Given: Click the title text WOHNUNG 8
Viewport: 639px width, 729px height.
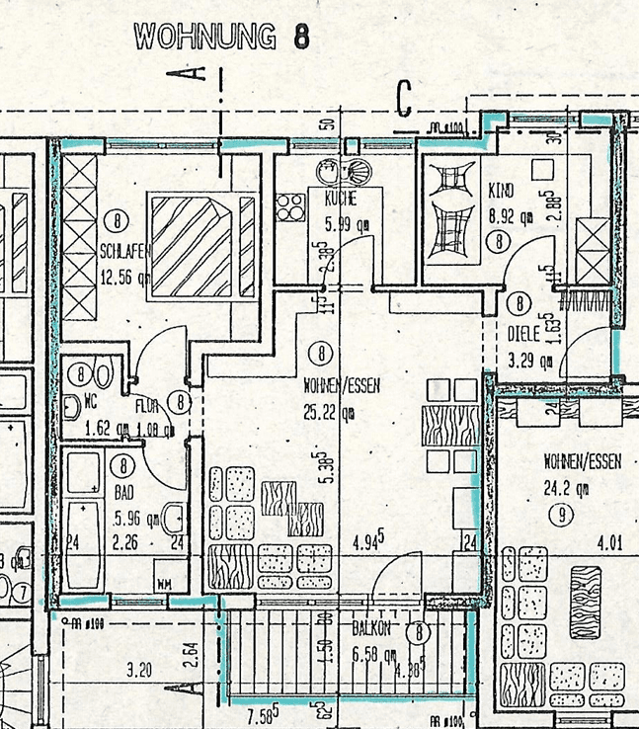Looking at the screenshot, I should point(221,38).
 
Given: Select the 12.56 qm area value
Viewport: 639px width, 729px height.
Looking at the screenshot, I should point(124,277).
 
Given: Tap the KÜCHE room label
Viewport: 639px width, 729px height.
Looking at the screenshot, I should point(339,199).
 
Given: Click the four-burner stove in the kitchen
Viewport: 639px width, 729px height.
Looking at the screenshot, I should point(289,207).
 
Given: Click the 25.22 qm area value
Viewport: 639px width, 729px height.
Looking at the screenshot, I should point(328,413).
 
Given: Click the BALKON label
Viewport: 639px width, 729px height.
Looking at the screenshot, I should point(373,627).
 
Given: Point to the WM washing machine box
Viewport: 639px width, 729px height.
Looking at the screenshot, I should point(164,584).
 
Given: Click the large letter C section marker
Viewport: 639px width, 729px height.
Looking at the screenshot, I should point(404,97).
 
